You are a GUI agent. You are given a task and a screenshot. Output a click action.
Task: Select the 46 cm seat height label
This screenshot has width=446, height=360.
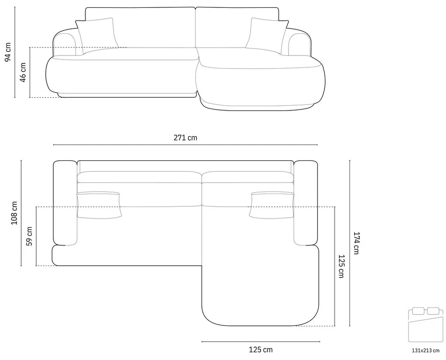tap(23, 72)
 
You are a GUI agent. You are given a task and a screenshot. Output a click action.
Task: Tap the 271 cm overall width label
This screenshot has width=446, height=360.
tap(185, 138)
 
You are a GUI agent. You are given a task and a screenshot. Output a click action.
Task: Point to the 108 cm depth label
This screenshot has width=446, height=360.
tap(14, 213)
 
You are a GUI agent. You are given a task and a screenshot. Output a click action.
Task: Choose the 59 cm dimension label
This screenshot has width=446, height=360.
tap(30, 236)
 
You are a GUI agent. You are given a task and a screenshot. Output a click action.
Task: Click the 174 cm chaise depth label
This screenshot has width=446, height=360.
tap(356, 243)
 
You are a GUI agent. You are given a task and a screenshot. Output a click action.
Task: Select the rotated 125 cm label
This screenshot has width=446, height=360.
tap(341, 266)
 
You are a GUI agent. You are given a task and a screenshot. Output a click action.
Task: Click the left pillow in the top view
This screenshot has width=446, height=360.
tap(99, 204)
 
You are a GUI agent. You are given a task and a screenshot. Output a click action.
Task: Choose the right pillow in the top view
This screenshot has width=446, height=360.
tap(271, 204)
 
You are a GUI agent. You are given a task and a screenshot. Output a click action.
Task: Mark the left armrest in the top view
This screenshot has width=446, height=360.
tap(65, 203)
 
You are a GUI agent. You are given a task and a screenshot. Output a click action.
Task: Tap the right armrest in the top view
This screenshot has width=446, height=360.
tap(306, 203)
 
